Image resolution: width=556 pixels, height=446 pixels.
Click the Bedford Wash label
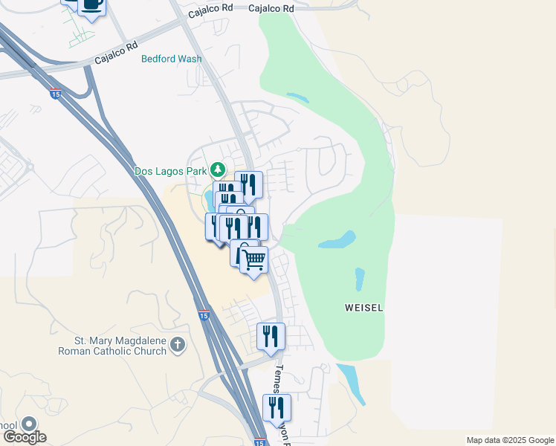[172, 59]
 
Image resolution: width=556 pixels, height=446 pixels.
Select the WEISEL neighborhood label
[363, 307]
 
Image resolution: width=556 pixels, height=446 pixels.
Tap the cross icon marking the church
[177, 344]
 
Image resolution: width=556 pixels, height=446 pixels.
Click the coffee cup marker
[91, 5]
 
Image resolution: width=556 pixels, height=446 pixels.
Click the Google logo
[25, 437]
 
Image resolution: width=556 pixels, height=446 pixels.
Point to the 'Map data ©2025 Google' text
[510, 440]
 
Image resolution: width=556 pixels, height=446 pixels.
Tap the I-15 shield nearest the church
[204, 315]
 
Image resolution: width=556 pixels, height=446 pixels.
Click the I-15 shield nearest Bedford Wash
[56, 93]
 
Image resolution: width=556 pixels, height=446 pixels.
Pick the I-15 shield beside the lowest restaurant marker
[259, 442]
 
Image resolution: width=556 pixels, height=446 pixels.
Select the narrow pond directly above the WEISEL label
[361, 279]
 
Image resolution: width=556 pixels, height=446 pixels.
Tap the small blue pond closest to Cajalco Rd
[298, 97]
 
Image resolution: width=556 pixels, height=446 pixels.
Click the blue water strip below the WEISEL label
[351, 384]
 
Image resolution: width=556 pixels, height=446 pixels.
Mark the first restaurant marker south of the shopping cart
[271, 336]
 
